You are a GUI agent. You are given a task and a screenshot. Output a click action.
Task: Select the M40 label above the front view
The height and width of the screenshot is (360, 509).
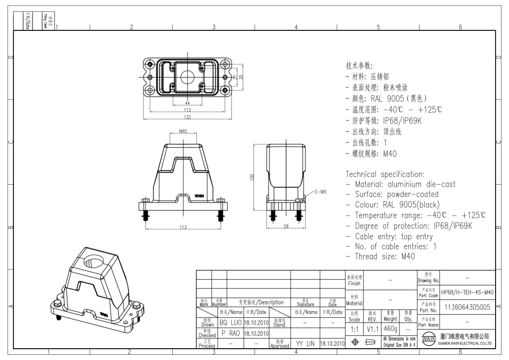click(183, 132)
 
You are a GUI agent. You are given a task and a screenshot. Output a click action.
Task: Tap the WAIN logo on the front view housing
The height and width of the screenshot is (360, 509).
click(199, 196)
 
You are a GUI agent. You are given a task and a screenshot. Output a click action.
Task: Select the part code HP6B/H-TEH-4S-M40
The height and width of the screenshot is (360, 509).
click(467, 292)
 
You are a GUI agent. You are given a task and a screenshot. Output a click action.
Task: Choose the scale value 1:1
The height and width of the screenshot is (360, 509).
click(353, 327)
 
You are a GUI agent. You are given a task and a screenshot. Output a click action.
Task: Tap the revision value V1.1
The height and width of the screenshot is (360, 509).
click(372, 327)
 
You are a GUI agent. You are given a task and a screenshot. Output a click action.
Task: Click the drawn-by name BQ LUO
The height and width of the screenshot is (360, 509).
click(230, 321)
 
